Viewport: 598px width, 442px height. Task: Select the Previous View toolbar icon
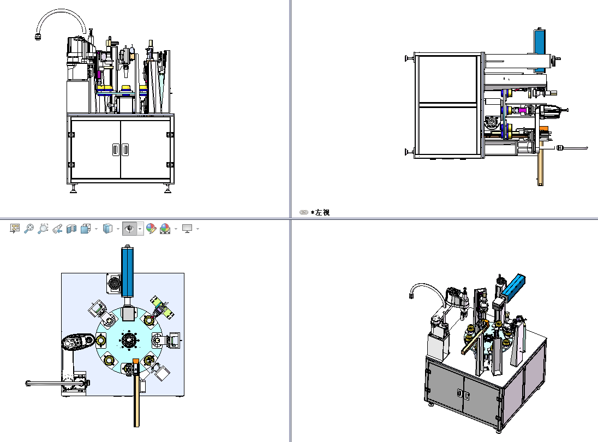[x=57, y=229]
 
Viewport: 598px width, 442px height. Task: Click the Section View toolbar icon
[x=71, y=229]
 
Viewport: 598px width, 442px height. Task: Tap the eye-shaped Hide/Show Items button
[x=129, y=229]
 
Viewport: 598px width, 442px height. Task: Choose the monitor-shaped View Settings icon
[x=187, y=229]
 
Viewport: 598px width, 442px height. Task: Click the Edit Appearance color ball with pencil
[x=151, y=229]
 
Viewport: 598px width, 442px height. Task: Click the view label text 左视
[x=322, y=212]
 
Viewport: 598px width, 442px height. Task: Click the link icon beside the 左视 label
[x=304, y=212]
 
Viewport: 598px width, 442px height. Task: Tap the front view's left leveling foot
[x=73, y=189]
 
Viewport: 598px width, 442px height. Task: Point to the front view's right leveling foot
[x=168, y=189]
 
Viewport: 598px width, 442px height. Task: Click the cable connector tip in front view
[x=38, y=37]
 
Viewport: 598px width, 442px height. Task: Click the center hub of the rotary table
[x=129, y=341]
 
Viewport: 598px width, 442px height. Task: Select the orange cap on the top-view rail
[x=135, y=361]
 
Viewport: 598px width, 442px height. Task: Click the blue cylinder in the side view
[x=540, y=49]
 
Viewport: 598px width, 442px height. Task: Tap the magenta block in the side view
[x=522, y=111]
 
